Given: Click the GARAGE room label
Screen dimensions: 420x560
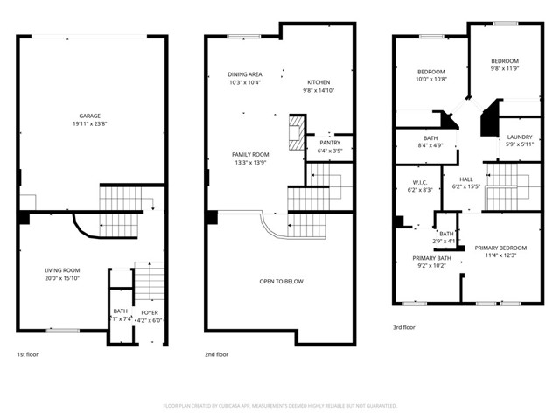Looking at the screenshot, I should (87, 115).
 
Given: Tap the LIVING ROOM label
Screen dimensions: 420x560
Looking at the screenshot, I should (62, 270).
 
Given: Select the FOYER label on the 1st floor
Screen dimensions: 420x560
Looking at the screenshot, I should (150, 311).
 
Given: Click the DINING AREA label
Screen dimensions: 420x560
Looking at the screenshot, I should (245, 74).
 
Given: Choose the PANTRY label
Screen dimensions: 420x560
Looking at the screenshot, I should (330, 143).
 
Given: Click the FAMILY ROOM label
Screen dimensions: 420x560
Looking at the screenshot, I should (249, 154).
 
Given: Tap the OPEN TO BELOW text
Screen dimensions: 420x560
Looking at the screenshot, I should (281, 282).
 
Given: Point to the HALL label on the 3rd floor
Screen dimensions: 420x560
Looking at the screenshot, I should (465, 178).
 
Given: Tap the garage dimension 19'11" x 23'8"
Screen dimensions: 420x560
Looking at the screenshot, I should (87, 123).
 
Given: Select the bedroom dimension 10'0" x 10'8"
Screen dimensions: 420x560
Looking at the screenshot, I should (430, 79).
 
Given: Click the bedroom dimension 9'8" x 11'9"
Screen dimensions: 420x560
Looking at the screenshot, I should (504, 68).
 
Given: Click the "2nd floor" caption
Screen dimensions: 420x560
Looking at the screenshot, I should (216, 354).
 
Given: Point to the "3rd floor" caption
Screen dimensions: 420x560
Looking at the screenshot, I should (403, 326).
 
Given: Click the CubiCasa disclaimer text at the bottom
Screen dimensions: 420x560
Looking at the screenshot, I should (280, 405).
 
